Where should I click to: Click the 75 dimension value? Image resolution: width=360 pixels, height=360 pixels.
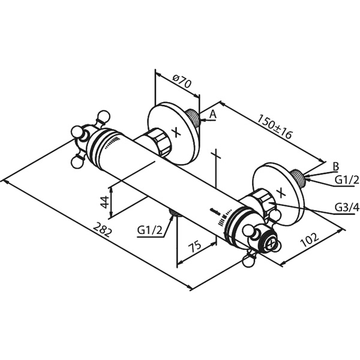(194, 246)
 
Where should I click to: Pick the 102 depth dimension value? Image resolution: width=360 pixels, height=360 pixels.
(310, 239)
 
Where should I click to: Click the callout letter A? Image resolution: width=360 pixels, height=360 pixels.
(213, 114)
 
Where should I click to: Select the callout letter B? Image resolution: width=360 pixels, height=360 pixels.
(335, 166)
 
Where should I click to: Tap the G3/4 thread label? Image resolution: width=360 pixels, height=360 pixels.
(347, 208)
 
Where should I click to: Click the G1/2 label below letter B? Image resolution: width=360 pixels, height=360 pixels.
(347, 180)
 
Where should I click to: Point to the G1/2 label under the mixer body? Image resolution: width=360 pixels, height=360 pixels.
(149, 230)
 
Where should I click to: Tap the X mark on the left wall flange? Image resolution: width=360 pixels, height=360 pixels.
(176, 133)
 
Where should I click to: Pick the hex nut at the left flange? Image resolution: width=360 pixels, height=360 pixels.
(159, 142)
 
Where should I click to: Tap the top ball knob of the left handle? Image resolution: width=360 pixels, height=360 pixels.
(104, 117)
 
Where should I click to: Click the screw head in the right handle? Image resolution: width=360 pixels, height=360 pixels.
(271, 244)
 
